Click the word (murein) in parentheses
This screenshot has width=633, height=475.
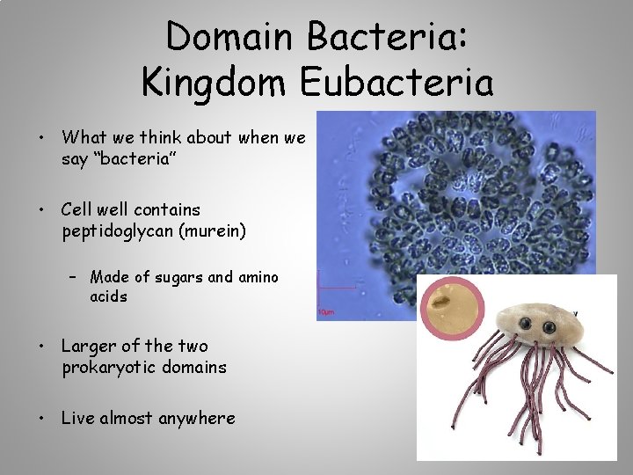pyautogui.click(x=216, y=232)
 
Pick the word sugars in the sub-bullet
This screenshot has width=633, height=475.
pyautogui.click(x=178, y=277)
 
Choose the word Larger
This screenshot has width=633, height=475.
pyautogui.click(x=90, y=346)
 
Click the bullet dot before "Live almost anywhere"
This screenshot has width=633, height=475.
pyautogui.click(x=40, y=418)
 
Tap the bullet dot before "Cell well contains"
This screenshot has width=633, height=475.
pyautogui.click(x=40, y=210)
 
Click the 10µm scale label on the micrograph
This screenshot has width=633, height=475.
pyautogui.click(x=326, y=312)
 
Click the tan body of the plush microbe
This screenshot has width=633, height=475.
pyautogui.click(x=545, y=312)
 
